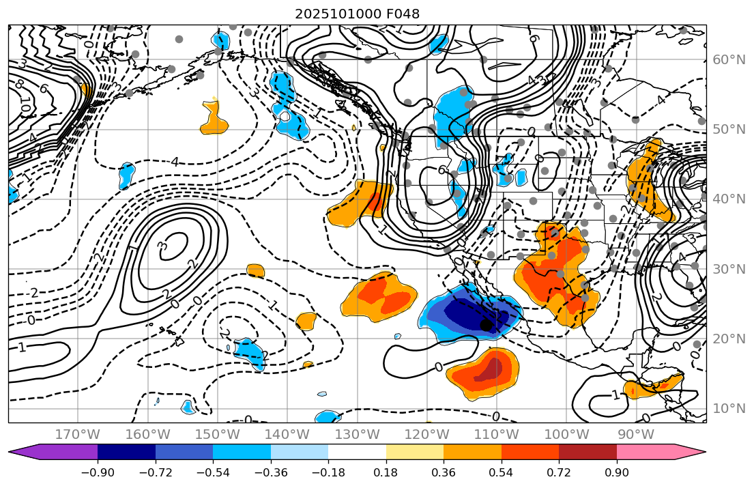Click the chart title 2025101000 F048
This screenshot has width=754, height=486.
[x=357, y=14]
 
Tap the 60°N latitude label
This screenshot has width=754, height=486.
[x=729, y=60]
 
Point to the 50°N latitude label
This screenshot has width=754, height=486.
[x=729, y=130]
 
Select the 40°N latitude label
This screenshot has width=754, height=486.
[x=729, y=199]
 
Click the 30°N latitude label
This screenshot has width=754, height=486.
[x=729, y=269]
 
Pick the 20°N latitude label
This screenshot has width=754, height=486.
[x=729, y=339]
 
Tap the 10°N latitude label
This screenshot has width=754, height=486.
[x=729, y=409]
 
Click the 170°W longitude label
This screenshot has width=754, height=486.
[x=78, y=435]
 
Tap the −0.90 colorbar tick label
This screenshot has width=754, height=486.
[x=98, y=473]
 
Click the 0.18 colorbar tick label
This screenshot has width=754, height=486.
[x=386, y=473]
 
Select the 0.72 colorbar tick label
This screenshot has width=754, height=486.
[x=559, y=473]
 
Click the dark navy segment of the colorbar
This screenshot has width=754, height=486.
[x=126, y=452]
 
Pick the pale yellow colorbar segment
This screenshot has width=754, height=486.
[x=415, y=452]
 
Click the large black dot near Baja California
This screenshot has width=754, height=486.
[x=486, y=325]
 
